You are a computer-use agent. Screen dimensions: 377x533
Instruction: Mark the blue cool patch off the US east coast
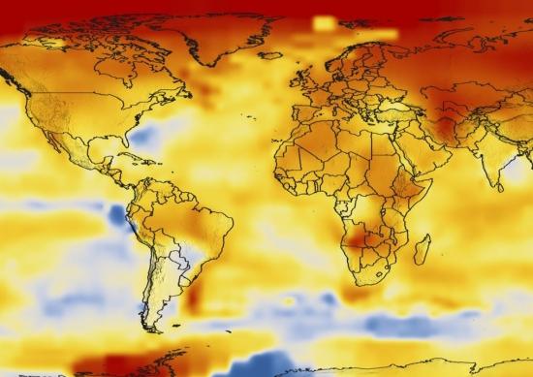tap(143, 138)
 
